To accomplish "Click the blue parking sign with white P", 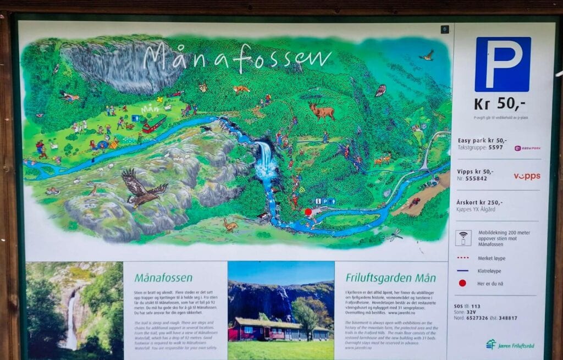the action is pos(503,64).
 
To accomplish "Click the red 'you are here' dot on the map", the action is pos(308,212).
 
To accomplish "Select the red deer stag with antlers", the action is pos(322,111).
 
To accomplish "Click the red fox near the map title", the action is pos(241,88).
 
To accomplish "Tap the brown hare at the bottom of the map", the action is pos(230,225).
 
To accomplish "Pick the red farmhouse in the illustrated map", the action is pos(154,124).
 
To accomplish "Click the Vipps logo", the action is pos(527,176).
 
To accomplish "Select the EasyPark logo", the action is pos(527,148).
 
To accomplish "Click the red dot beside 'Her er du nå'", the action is pos(462,283).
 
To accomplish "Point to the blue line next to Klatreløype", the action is pos(462,270).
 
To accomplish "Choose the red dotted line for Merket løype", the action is pos(462,257).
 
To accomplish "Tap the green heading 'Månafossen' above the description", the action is pos(163,278).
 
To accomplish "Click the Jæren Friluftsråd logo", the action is pos(510,345).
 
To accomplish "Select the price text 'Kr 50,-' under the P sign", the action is pos(503,103).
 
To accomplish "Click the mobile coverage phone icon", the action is pos(463,237).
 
